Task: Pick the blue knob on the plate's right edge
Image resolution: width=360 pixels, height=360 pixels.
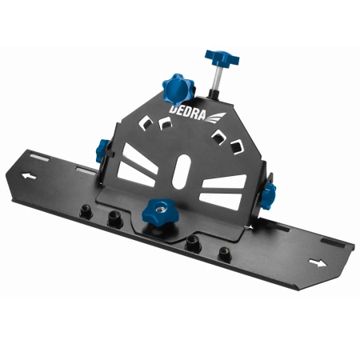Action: [270, 192]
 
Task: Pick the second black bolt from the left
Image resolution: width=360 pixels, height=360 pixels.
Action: [115, 218]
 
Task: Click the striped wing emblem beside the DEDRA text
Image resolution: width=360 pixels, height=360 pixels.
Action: [218, 116]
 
